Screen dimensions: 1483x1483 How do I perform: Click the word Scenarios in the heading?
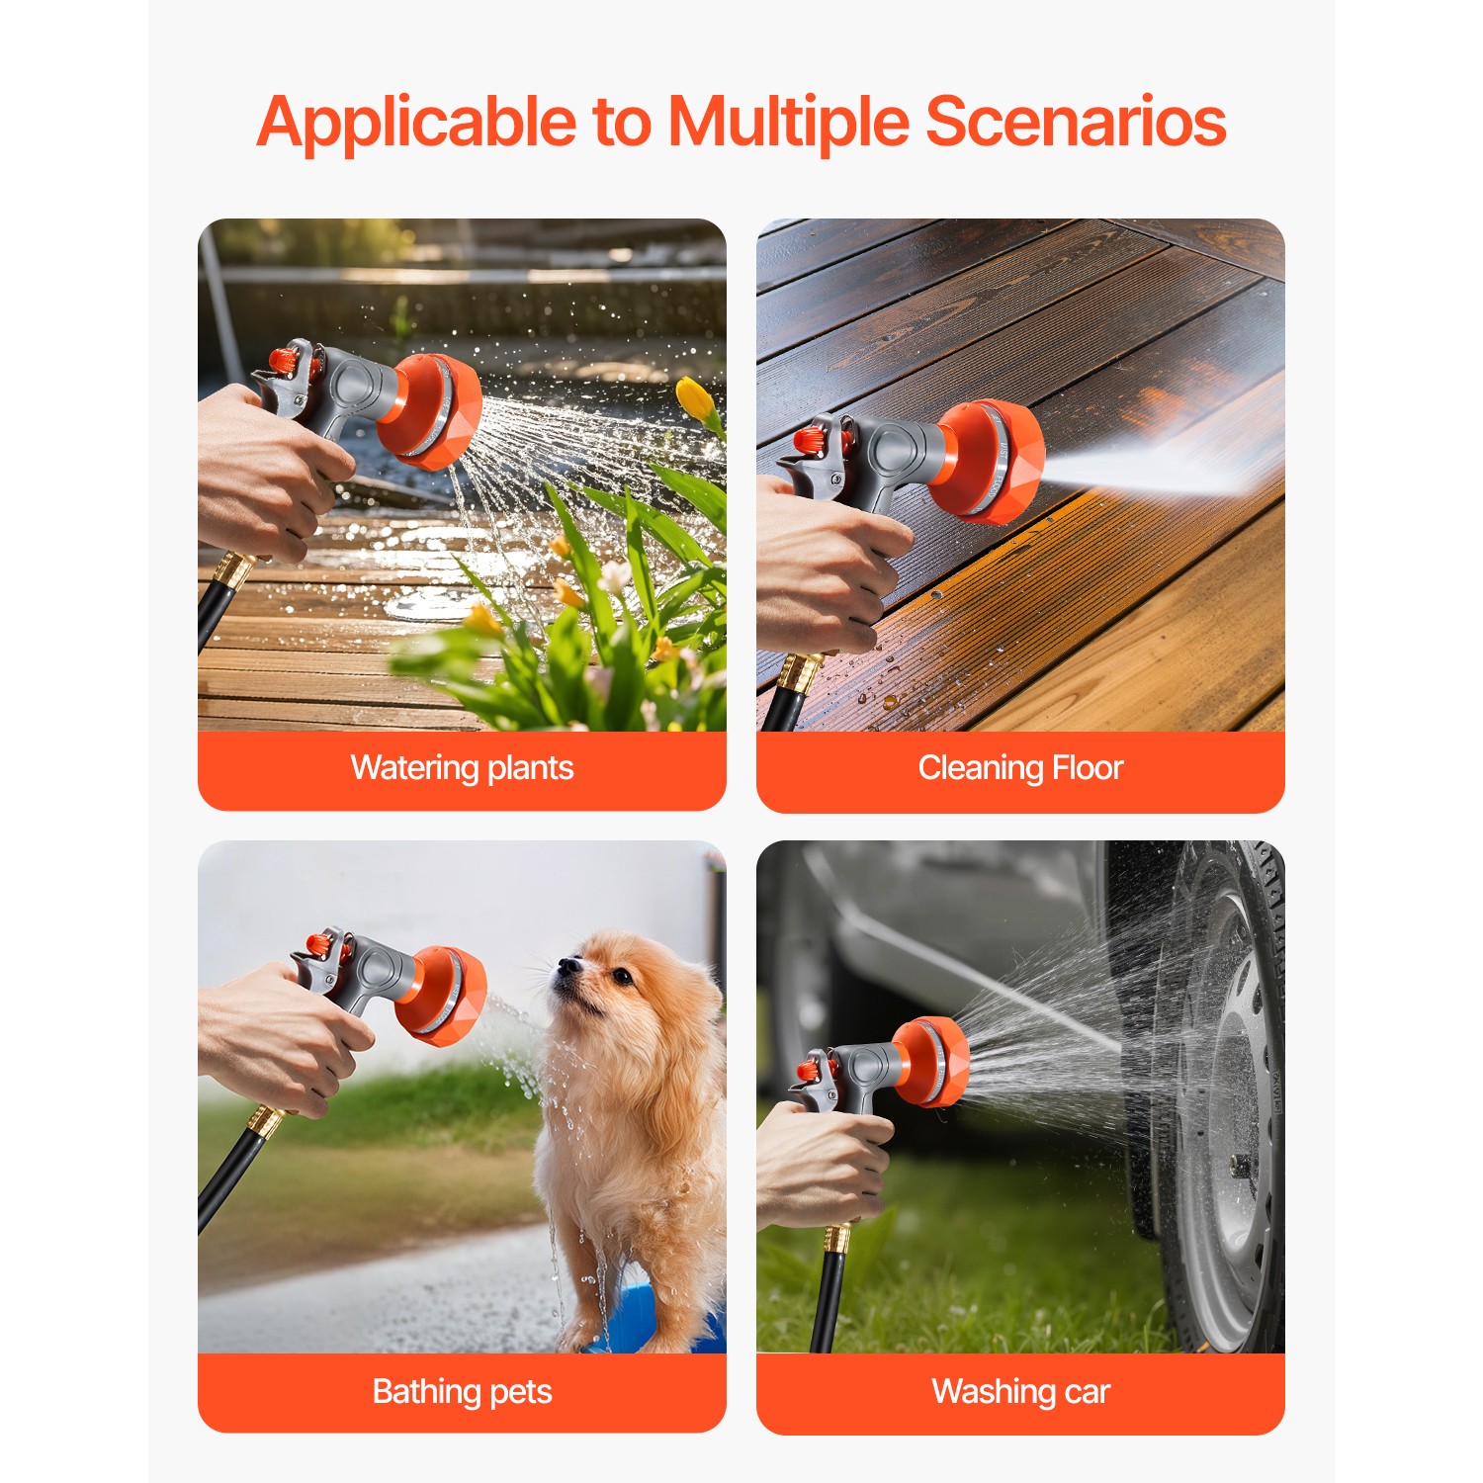[x=1076, y=122]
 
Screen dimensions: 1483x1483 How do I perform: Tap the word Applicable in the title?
[x=416, y=124]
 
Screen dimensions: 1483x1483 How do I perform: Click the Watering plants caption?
[x=462, y=768]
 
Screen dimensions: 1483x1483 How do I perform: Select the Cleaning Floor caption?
[x=1020, y=768]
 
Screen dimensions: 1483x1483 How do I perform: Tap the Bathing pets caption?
[x=462, y=1392]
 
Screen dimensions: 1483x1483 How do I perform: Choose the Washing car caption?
[x=1020, y=1392]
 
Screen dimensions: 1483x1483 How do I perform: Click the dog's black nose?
[x=566, y=965]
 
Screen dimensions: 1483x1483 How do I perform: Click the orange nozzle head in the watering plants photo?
[x=435, y=410]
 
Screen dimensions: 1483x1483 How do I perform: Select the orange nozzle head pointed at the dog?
[x=443, y=995]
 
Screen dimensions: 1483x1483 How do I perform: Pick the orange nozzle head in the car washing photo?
[x=932, y=1062]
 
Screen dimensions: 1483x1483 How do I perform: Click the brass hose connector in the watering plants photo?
[x=234, y=571]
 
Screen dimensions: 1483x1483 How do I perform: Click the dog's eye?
[x=622, y=977]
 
